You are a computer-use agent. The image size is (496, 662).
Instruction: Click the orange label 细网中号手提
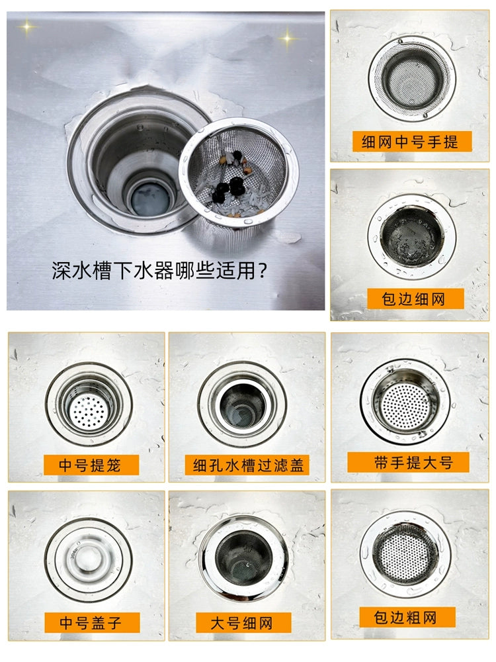412,142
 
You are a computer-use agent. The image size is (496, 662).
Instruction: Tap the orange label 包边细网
415,299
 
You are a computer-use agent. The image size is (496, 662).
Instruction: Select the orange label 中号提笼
91,465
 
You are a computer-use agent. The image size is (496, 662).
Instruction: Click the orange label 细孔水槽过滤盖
247,465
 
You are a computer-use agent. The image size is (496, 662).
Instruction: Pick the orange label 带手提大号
408,462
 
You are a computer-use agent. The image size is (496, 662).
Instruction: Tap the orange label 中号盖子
92,622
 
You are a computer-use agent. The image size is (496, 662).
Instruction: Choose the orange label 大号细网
243,623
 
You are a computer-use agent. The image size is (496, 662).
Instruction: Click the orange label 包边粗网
407,617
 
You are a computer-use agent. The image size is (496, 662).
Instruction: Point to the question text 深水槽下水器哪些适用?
159,271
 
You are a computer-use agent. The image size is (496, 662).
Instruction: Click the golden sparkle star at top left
27,27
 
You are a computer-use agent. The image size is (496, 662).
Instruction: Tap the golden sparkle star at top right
288,39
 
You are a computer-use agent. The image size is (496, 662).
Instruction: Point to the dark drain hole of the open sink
149,199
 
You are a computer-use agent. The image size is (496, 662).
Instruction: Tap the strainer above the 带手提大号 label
405,402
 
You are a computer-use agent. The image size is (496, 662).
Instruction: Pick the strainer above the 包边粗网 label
406,554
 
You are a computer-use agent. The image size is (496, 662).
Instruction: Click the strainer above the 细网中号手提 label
412,79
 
